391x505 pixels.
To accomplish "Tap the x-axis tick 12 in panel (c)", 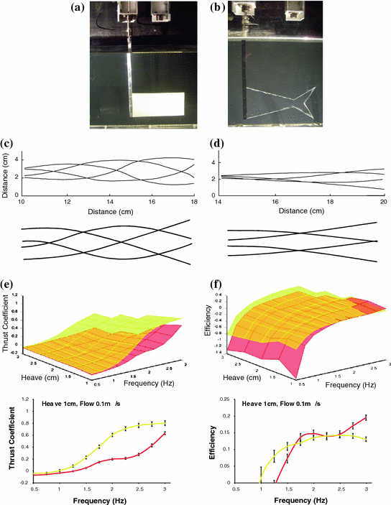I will tap(67, 203).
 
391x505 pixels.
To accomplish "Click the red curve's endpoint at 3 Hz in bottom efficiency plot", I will tap(365, 417).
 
